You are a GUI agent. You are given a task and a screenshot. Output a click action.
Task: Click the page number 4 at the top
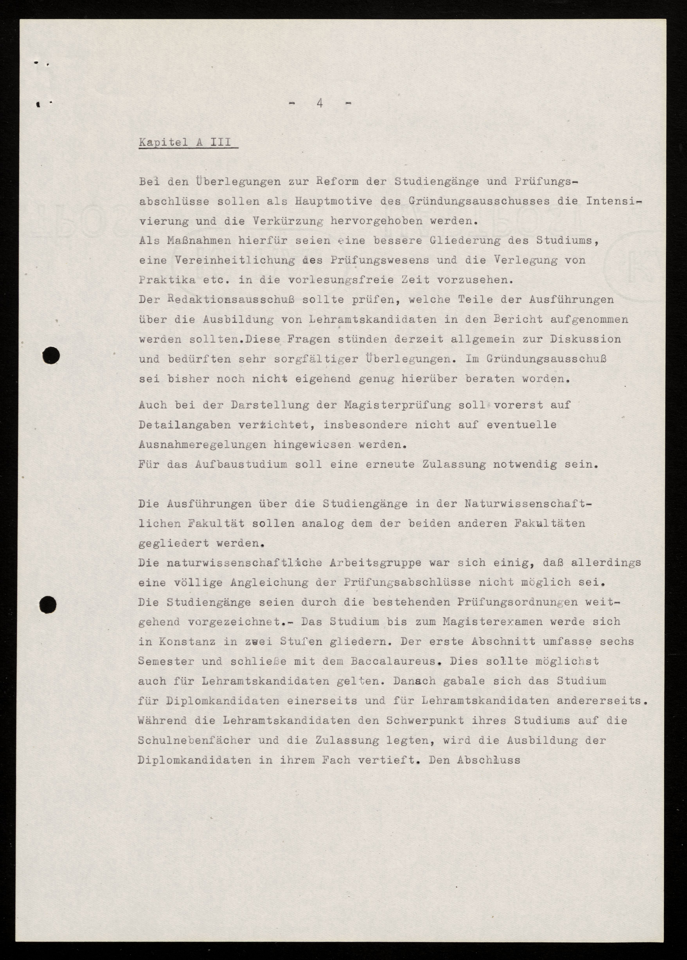320,103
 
